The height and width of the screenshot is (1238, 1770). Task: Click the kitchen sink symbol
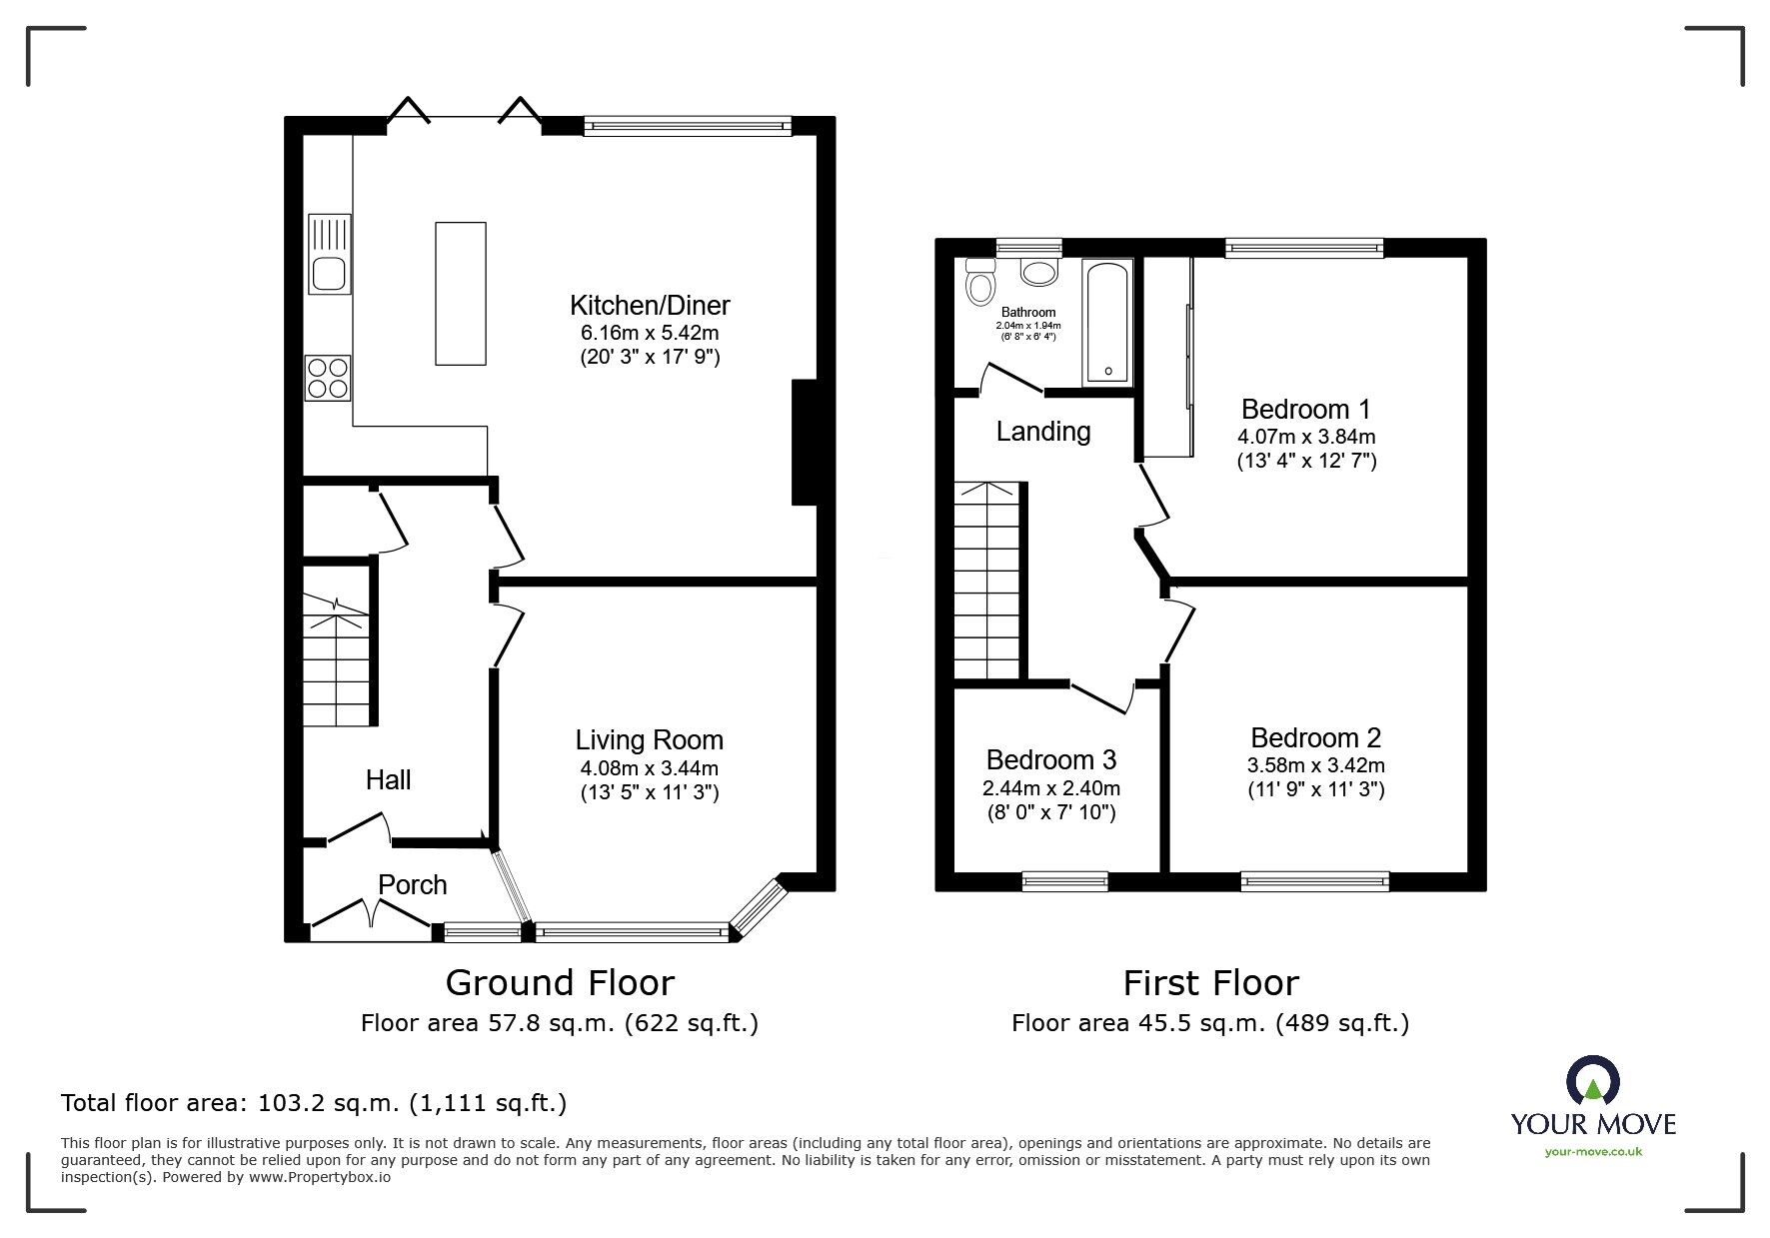330,254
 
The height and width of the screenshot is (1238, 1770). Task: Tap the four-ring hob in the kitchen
329,378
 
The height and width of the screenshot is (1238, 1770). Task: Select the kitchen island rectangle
461,294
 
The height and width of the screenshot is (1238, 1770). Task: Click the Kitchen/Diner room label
650,305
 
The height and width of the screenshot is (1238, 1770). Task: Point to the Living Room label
650,740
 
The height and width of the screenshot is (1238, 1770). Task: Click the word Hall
388,779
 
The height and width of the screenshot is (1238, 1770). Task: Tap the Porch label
412,884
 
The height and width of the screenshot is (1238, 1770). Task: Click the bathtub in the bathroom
1107,321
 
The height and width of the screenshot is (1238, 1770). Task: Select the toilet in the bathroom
979,281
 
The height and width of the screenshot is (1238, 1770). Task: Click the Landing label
1043,432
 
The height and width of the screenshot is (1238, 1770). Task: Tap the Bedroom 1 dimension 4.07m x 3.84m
1306,437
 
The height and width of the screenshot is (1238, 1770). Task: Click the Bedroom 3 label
1051,760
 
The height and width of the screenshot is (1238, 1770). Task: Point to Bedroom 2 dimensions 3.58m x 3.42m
1316,765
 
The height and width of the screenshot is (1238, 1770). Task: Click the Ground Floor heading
560,983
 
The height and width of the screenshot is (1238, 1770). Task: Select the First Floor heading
1211,983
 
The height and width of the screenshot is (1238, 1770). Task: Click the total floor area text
314,1103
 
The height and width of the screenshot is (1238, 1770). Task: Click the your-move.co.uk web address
1593,1152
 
